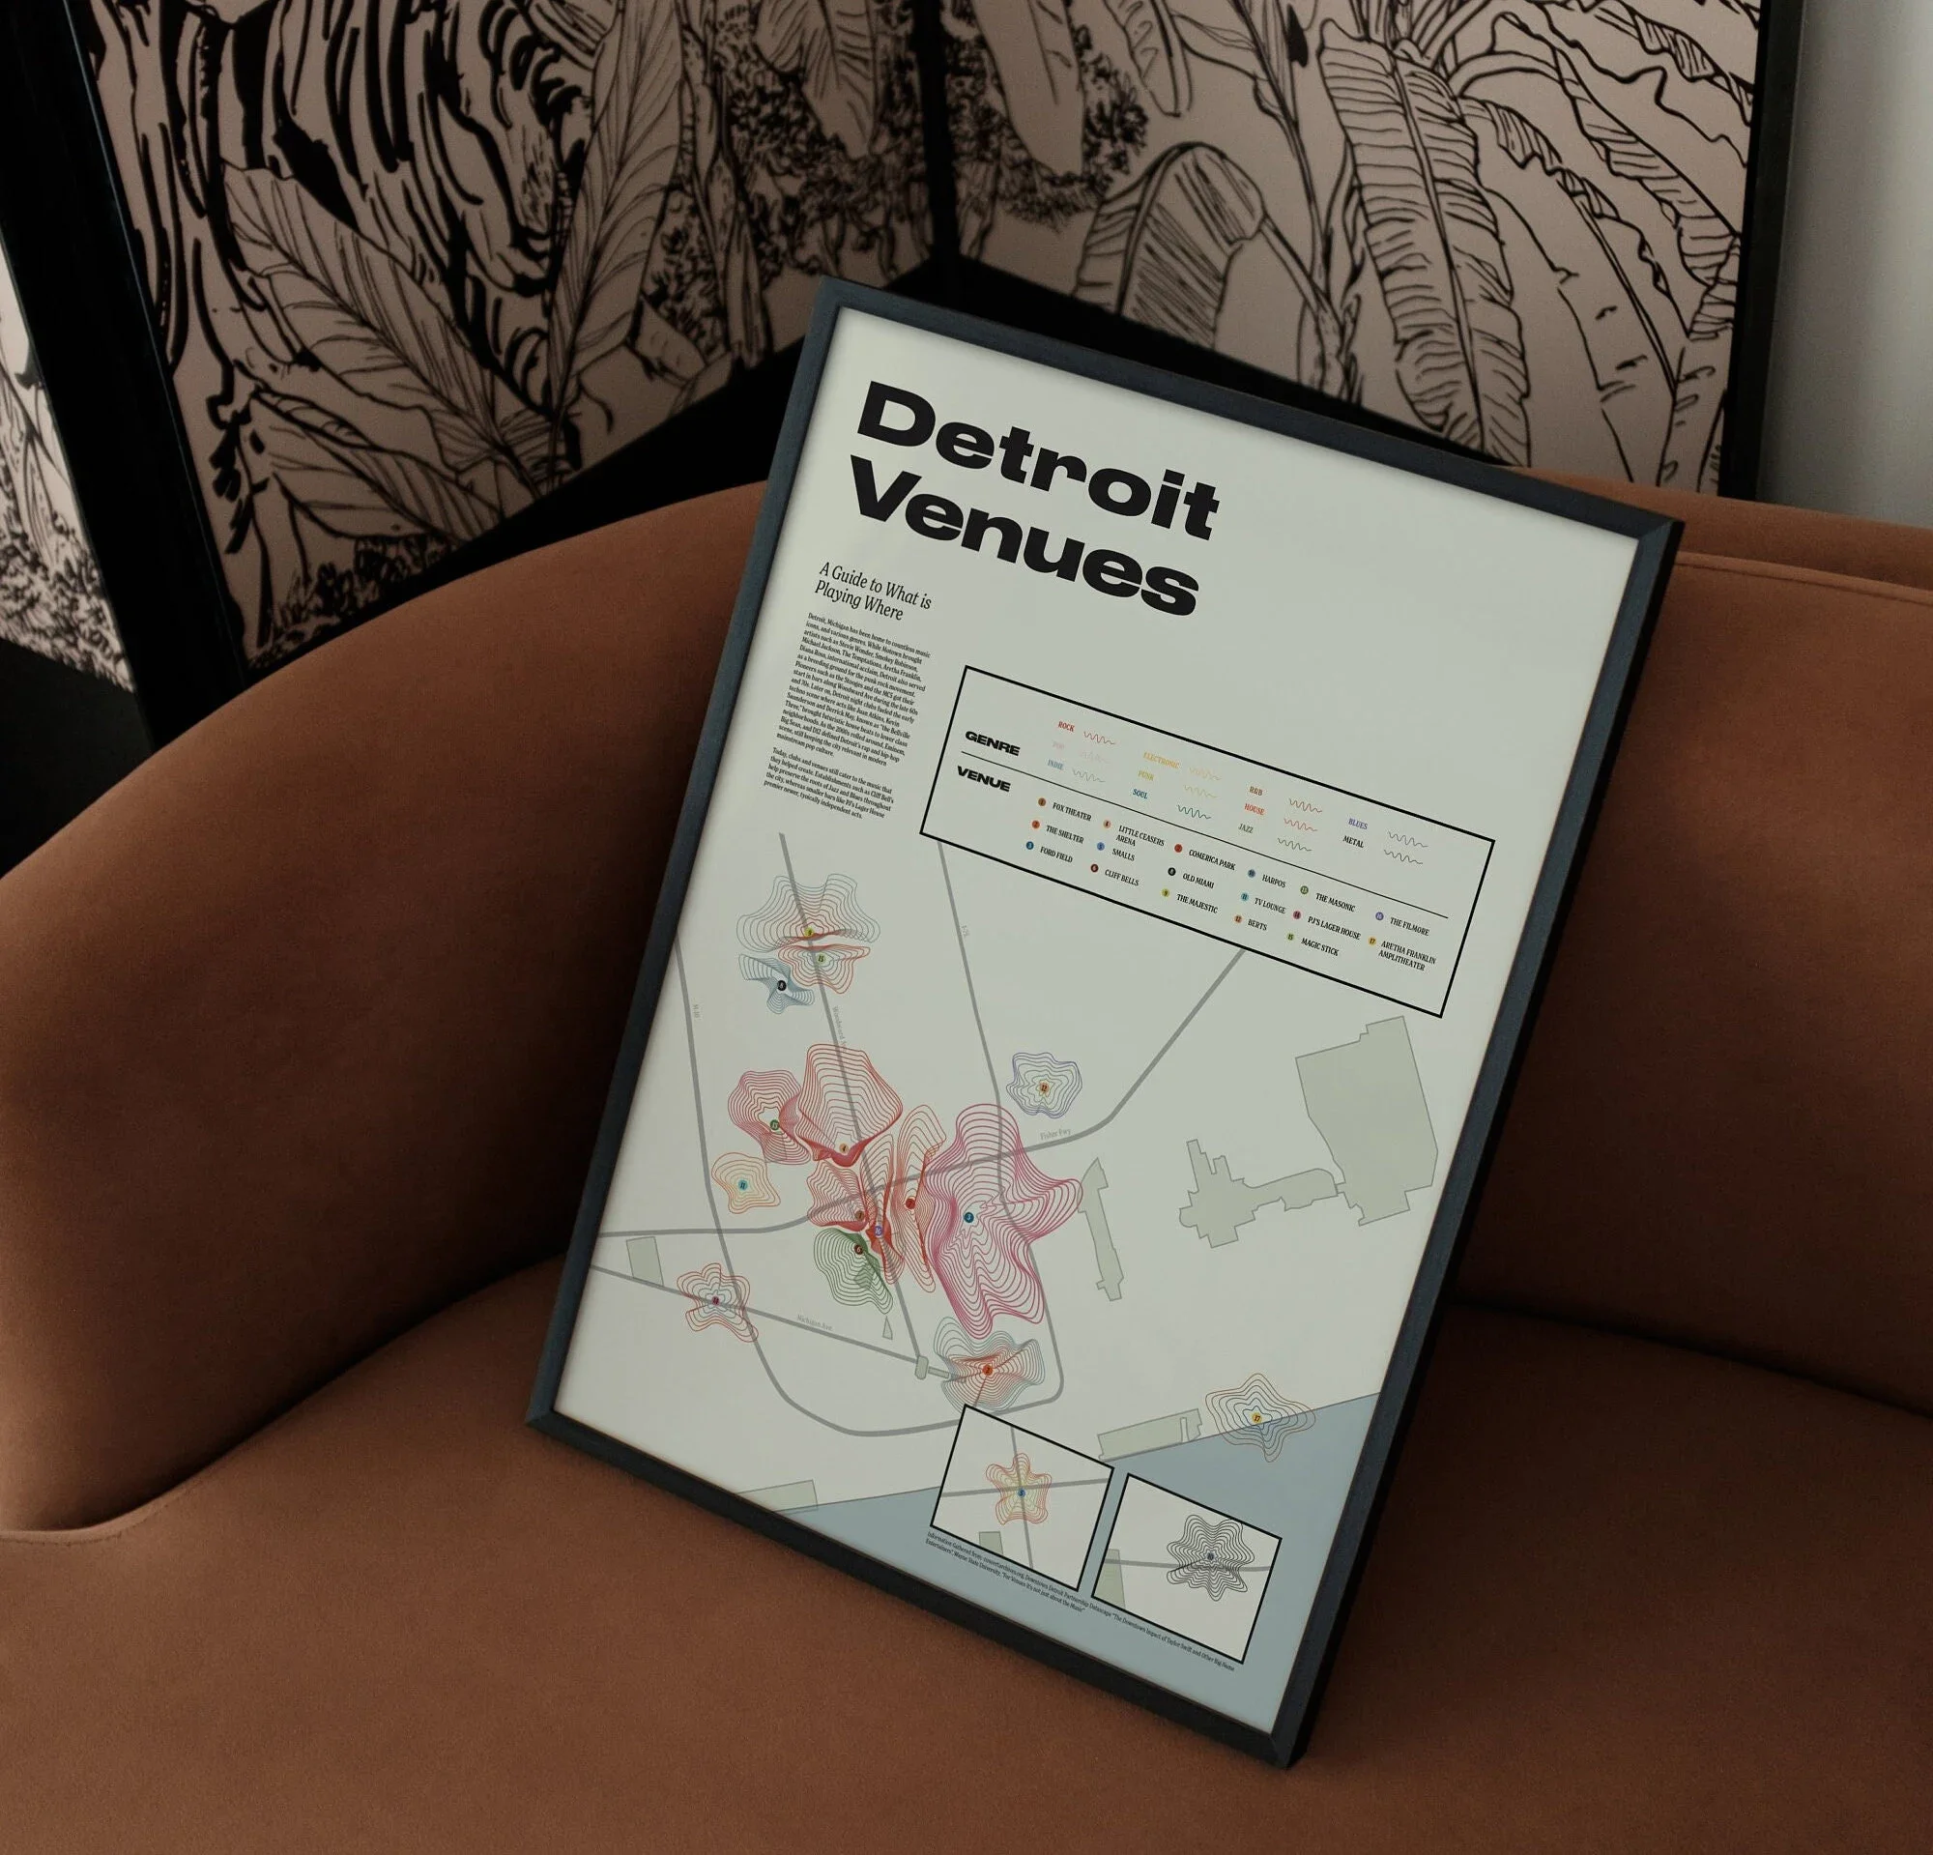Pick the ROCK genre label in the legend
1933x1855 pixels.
click(x=1066, y=727)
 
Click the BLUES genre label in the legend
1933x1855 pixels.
click(x=1357, y=824)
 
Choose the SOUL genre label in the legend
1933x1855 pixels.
click(x=1141, y=793)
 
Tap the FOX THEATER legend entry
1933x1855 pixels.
click(x=1071, y=811)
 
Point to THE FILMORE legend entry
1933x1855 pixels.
click(x=1408, y=924)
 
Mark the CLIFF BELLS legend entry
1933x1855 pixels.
click(x=1121, y=874)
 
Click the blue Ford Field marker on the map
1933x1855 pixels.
click(x=968, y=1218)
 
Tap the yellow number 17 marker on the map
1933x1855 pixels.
click(x=1256, y=1417)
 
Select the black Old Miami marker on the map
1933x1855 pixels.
click(x=781, y=985)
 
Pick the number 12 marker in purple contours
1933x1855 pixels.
click(x=1044, y=1087)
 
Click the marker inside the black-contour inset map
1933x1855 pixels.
click(x=1210, y=1556)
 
